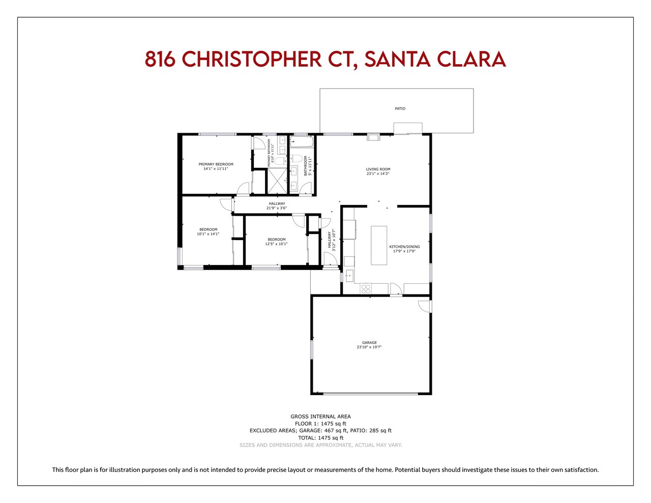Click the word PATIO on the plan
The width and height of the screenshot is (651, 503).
click(x=400, y=108)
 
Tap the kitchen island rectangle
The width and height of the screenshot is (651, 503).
click(x=379, y=245)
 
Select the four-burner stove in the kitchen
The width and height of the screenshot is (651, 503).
click(x=366, y=288)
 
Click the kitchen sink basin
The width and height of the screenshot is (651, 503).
click(x=349, y=275)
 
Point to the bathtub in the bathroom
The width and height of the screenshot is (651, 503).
click(x=302, y=142)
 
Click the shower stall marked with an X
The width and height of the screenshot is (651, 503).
click(x=277, y=181)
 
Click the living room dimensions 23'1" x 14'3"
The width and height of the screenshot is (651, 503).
click(x=378, y=173)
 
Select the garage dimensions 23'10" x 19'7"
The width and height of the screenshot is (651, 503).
click(x=369, y=347)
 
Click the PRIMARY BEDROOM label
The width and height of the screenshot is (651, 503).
click(x=216, y=164)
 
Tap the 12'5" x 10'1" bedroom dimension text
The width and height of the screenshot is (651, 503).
click(x=276, y=244)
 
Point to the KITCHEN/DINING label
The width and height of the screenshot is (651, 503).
click(x=404, y=247)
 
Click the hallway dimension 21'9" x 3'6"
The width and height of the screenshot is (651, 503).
click(x=277, y=208)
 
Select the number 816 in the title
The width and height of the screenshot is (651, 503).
click(x=160, y=59)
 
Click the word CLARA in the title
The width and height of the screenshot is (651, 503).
click(x=471, y=59)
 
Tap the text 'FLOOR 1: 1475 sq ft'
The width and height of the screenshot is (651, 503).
click(x=320, y=424)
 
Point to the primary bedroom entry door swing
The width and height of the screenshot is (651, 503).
click(x=243, y=188)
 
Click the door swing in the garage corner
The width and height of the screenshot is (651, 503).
click(x=424, y=306)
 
